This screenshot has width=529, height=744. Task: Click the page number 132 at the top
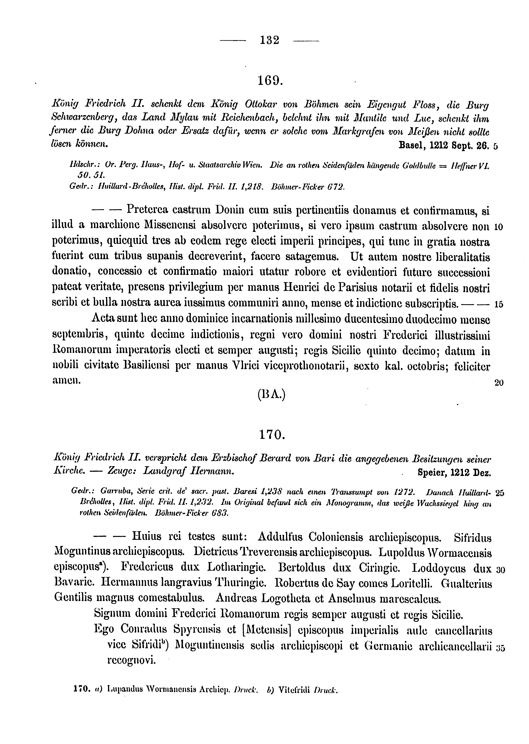tap(270, 40)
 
